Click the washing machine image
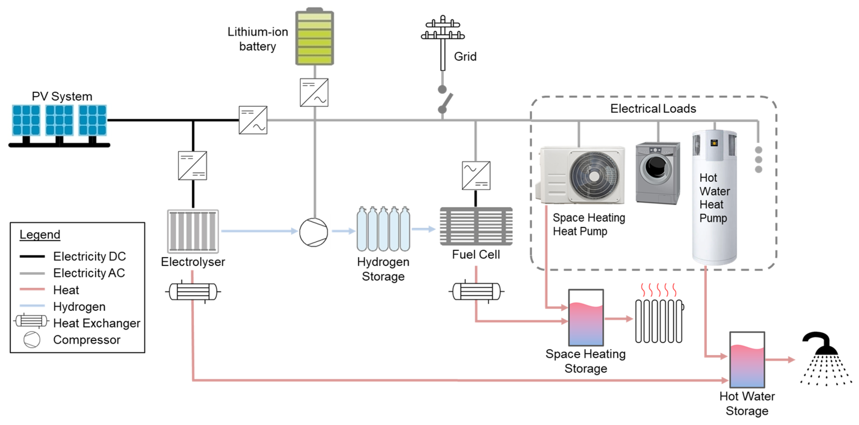point(658,172)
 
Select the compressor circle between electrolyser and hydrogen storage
point(314,232)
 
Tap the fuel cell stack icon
point(476,226)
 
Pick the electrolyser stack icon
point(193,231)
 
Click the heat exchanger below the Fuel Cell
point(476,291)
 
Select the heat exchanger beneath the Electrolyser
point(193,292)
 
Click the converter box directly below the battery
point(314,92)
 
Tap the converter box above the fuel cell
point(476,175)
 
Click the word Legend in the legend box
point(40,234)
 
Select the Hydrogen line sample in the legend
point(32,306)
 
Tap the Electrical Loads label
point(653,109)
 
